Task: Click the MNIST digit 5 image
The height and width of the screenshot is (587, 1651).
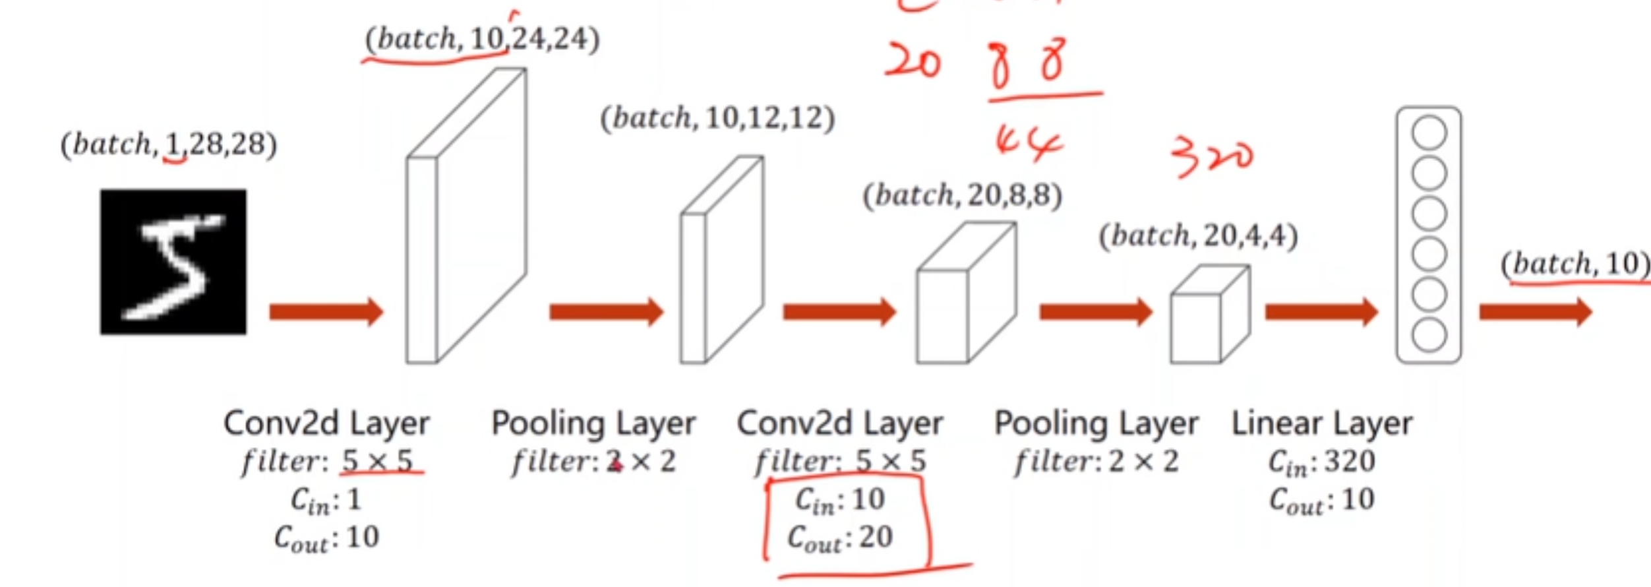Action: tap(173, 262)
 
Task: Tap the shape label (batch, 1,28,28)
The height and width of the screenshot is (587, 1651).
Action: tap(169, 144)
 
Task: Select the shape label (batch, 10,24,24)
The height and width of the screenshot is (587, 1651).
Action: tap(482, 39)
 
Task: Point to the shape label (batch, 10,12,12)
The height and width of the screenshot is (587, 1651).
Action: tap(717, 119)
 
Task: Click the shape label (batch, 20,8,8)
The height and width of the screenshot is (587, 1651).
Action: tap(963, 195)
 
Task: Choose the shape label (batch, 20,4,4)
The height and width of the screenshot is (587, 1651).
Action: tap(1198, 235)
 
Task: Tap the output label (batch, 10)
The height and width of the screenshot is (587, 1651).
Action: tap(1576, 264)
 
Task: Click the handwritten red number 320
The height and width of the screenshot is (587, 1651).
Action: tap(1212, 157)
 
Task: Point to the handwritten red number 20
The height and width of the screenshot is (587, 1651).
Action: tap(913, 63)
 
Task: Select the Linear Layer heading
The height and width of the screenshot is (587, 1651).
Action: tap(1322, 423)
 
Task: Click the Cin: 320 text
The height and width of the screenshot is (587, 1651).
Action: tap(1322, 462)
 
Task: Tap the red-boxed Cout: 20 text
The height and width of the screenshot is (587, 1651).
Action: tap(841, 538)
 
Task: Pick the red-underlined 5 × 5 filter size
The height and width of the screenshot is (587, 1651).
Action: tap(377, 461)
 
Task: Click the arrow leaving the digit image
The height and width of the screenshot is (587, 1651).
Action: tap(326, 311)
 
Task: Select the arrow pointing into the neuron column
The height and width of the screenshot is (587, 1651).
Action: tap(1321, 311)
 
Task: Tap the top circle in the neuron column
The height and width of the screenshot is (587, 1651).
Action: tap(1429, 133)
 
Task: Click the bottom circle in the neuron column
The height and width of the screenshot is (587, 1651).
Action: tap(1429, 335)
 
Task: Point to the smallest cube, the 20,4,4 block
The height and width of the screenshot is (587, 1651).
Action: tap(1209, 315)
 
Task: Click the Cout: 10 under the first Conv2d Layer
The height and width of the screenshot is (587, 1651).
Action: tap(327, 538)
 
